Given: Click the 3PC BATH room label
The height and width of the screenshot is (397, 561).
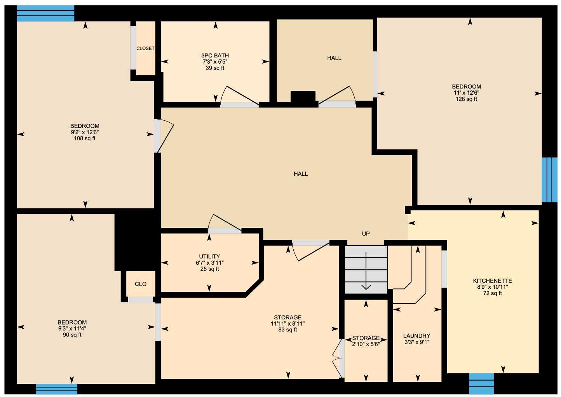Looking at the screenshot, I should click(x=215, y=55).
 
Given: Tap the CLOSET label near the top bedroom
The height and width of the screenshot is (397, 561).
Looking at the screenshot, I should click(x=145, y=49).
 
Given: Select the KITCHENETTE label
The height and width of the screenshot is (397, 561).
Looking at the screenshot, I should click(x=492, y=281).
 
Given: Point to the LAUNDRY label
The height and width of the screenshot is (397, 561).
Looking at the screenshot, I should click(x=416, y=336).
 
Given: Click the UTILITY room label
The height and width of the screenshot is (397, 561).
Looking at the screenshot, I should click(x=209, y=257).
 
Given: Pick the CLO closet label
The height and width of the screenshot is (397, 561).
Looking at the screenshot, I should click(x=141, y=284).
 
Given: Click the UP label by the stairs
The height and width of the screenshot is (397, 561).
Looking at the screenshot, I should click(x=366, y=234).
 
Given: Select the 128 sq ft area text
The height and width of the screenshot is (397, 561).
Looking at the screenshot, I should click(x=466, y=99).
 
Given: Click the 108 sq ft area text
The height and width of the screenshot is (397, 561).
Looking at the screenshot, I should click(x=85, y=138).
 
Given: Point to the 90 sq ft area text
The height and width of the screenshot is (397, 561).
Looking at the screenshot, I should click(x=72, y=335).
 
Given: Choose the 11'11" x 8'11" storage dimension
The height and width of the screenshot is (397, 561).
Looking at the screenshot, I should click(x=287, y=324).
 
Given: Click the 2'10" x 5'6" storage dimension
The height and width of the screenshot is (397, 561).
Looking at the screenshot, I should click(x=366, y=344).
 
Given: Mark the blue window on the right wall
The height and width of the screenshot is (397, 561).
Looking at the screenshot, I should click(x=549, y=180).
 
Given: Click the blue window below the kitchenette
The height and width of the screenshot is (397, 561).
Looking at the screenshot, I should click(x=481, y=383).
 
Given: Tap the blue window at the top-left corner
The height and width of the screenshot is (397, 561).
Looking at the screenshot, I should click(x=45, y=14).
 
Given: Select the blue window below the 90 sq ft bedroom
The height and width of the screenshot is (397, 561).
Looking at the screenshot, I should click(x=57, y=389).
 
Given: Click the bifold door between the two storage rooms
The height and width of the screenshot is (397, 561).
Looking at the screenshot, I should click(x=337, y=358).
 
